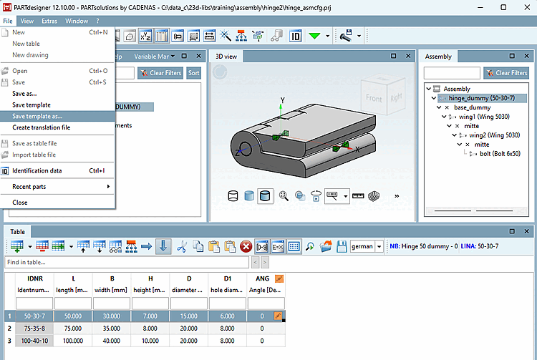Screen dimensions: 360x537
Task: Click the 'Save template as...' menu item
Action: (37, 116)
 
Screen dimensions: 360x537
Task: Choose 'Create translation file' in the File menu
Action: (41, 127)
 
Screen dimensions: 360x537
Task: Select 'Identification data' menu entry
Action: (37, 170)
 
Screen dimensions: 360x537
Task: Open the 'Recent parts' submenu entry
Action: (29, 187)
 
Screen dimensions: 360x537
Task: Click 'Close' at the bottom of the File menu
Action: (20, 203)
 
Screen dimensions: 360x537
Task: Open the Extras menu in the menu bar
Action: (49, 21)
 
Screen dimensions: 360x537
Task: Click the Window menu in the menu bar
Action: (77, 21)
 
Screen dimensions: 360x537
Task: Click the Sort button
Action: (194, 73)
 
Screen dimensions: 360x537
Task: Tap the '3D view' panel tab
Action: (226, 56)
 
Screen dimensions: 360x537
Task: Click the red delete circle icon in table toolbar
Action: (246, 246)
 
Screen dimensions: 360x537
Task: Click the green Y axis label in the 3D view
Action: (282, 99)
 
